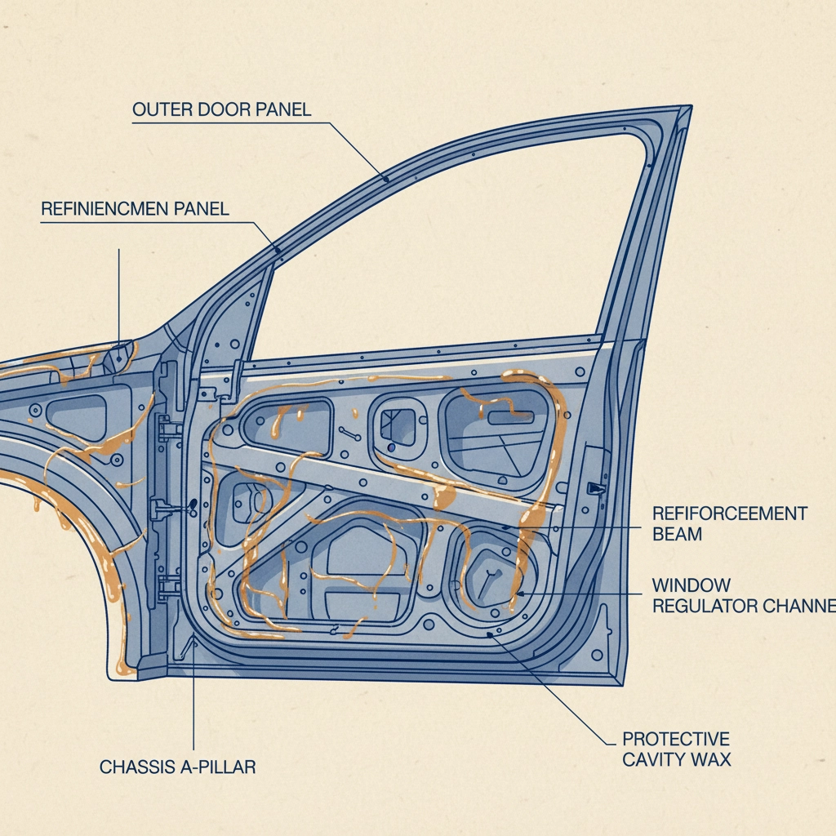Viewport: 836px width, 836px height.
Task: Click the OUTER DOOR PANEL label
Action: (221, 110)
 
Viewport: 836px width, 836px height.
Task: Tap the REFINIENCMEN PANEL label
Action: (135, 209)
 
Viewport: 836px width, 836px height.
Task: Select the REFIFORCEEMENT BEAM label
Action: (729, 523)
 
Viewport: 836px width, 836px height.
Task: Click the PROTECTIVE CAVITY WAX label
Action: (676, 749)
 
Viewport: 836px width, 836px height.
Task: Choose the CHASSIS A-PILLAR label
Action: (177, 767)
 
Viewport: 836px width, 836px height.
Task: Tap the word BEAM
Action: (677, 534)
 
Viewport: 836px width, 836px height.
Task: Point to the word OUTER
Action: (160, 110)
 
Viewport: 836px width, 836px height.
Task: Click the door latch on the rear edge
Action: (596, 487)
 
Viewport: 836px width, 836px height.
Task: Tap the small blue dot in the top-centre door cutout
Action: (393, 447)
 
